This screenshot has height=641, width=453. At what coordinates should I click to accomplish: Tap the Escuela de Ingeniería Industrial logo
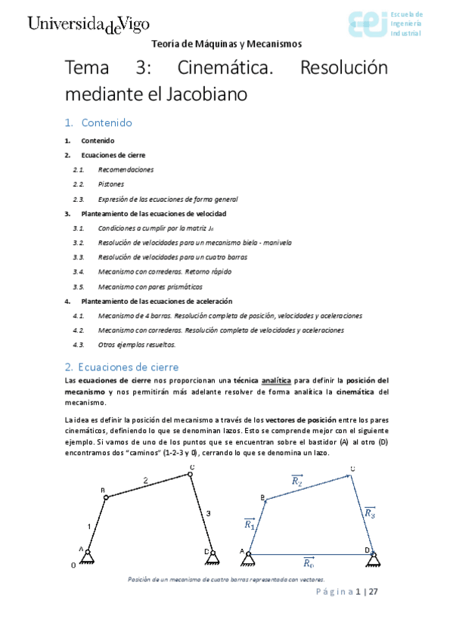pos(385,24)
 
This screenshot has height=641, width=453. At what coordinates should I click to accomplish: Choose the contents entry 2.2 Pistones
pos(111,184)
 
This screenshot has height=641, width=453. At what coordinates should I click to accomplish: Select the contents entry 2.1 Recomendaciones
pos(126,170)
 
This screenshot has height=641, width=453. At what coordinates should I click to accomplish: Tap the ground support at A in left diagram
pos(88,557)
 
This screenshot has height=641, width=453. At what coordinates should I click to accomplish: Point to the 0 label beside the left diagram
pos(73,564)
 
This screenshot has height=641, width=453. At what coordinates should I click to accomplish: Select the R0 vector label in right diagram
pos(308,562)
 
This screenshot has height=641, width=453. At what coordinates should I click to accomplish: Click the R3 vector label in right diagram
pos(369,513)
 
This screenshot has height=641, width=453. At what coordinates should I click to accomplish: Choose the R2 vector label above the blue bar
pos(296,480)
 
